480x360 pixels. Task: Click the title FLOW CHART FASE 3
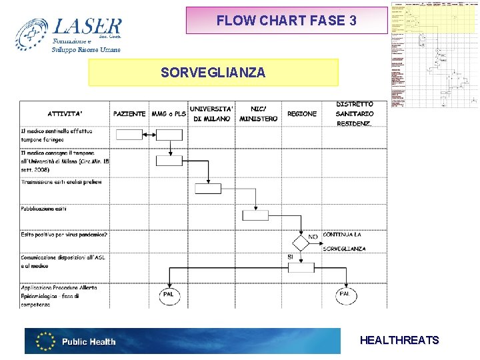(286, 21)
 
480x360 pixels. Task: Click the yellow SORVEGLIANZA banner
(213, 72)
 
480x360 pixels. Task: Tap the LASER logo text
(87, 27)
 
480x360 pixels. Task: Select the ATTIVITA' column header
(65, 114)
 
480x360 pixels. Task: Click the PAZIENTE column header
(129, 114)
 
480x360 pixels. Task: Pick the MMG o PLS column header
(169, 114)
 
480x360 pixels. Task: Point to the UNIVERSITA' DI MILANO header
(211, 113)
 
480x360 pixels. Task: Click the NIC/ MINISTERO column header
(258, 113)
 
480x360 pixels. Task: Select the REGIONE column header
(302, 114)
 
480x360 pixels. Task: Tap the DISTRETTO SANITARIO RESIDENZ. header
(355, 114)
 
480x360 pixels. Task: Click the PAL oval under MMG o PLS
(169, 293)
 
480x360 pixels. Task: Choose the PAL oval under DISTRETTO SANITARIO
(345, 293)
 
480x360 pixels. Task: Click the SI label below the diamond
(291, 257)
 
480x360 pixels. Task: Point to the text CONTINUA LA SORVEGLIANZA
(343, 241)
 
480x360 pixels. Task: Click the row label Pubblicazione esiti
(44, 209)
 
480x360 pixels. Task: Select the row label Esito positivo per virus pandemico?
(64, 235)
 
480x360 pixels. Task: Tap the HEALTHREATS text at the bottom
(399, 341)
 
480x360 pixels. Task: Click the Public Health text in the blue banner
(89, 342)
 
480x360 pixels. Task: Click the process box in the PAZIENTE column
(129, 135)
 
